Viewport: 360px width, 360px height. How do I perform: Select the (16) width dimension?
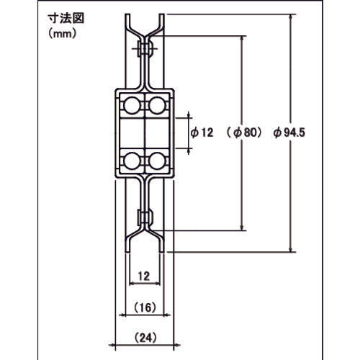pyautogui.click(x=145, y=307)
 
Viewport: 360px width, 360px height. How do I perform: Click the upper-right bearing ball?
pyautogui.click(x=156, y=107)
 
